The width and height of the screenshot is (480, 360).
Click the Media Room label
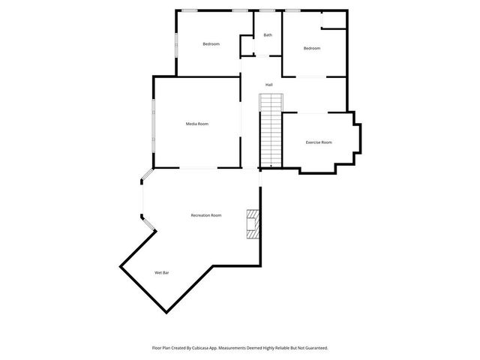coord(197,123)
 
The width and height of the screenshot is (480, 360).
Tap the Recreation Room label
coord(205,215)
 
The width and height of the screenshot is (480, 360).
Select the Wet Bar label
coord(161,272)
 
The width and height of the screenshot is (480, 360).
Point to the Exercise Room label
coord(319,142)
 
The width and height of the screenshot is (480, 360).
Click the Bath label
coord(268,35)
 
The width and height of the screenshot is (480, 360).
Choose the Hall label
coord(268,84)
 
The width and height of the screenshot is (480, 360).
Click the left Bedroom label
coord(211,43)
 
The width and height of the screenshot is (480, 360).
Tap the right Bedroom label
coord(312,48)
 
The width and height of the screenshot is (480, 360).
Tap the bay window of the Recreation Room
coord(142,199)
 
